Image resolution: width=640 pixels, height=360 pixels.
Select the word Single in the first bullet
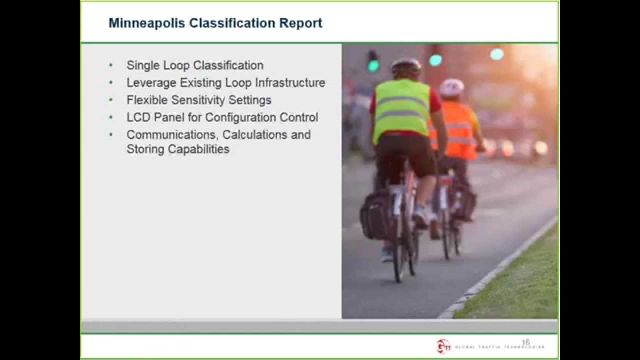142,65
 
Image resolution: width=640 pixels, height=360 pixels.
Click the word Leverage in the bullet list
151,83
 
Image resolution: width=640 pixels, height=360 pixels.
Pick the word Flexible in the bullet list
147,100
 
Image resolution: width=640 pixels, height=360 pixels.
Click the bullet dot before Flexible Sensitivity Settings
111,100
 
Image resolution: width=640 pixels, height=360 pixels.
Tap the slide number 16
525,342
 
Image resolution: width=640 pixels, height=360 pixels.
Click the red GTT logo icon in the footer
443,345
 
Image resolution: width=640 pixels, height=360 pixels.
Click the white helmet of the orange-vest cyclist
452,87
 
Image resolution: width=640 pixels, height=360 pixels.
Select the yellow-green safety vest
401,110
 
